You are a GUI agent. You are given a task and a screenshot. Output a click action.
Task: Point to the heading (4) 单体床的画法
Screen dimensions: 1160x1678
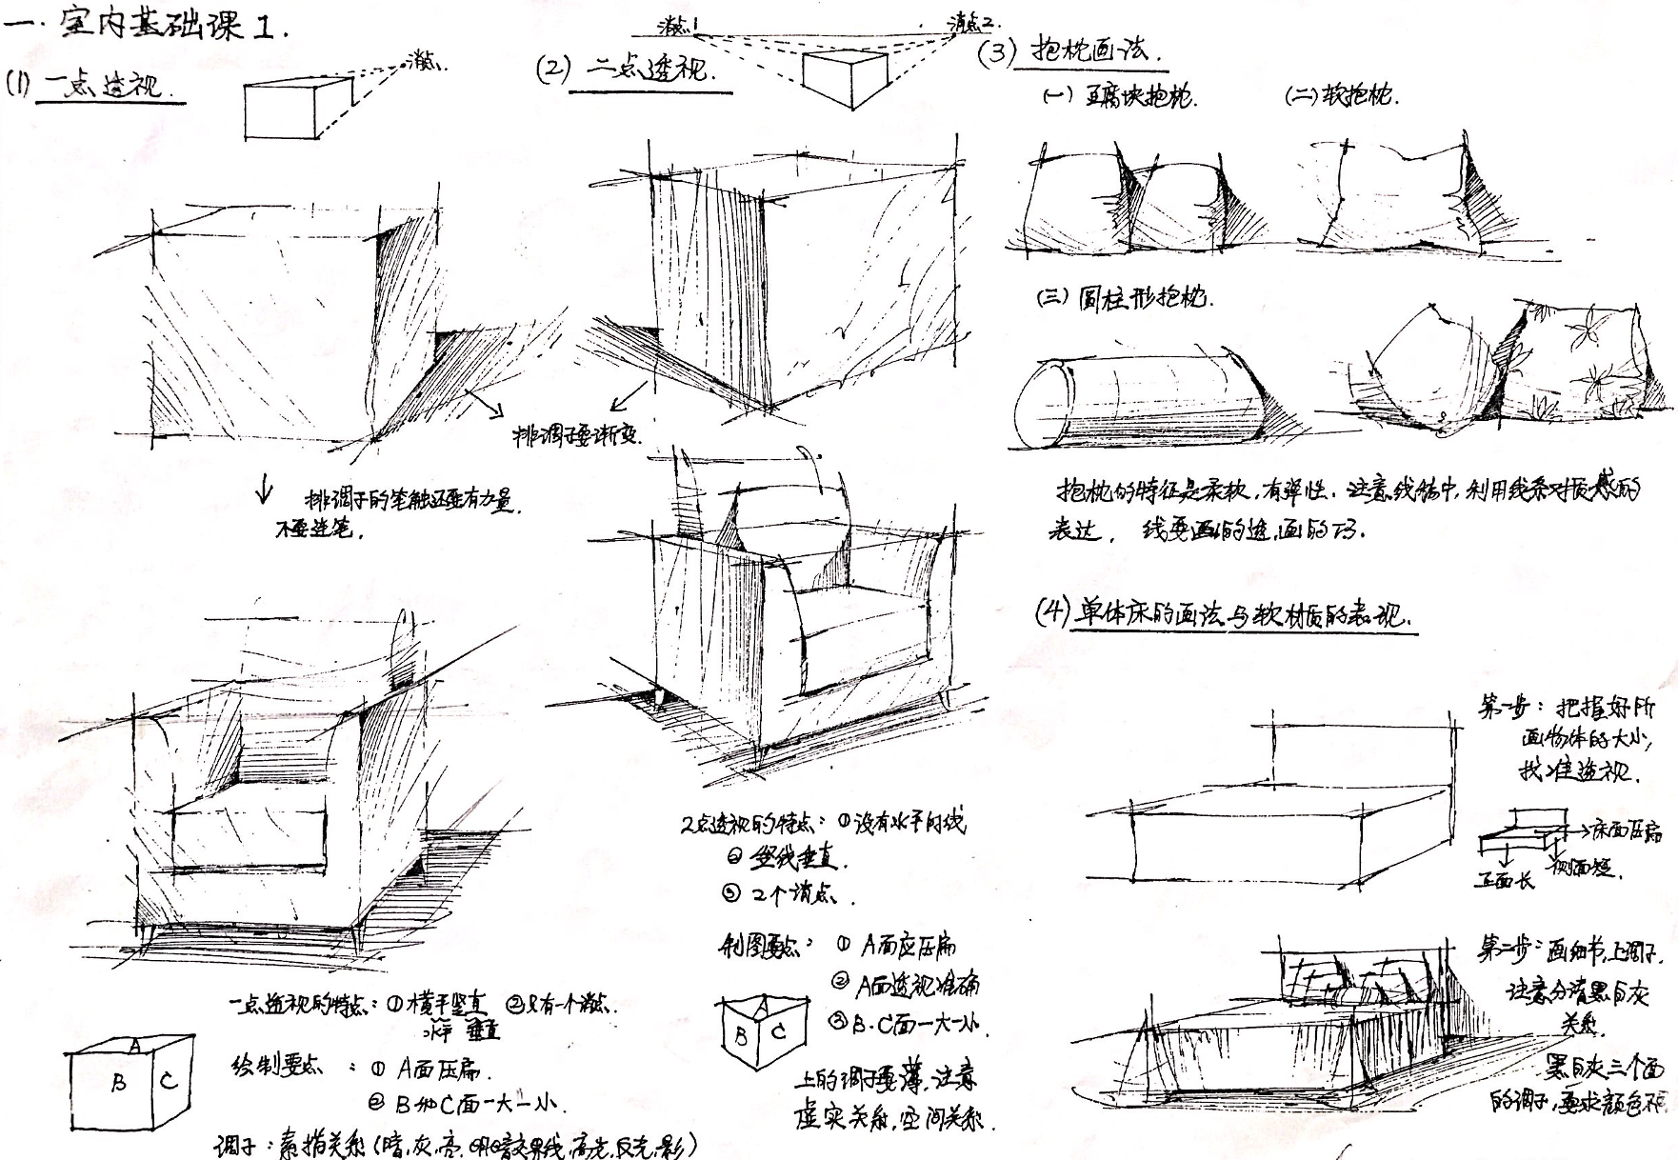point(1224,614)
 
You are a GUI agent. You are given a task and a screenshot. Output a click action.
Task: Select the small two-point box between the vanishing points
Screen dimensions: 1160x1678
point(843,76)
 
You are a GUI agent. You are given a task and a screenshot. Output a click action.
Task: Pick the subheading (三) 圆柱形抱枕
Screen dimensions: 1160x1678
point(1124,298)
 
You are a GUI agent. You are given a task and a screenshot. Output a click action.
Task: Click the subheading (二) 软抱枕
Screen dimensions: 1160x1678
point(1343,95)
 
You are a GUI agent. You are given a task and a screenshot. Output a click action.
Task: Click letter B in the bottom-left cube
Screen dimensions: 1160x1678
point(118,1083)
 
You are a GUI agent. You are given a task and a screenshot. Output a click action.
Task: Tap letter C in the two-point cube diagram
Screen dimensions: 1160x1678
point(778,1031)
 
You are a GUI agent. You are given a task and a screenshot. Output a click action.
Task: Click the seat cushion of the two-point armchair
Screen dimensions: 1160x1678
point(857,619)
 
